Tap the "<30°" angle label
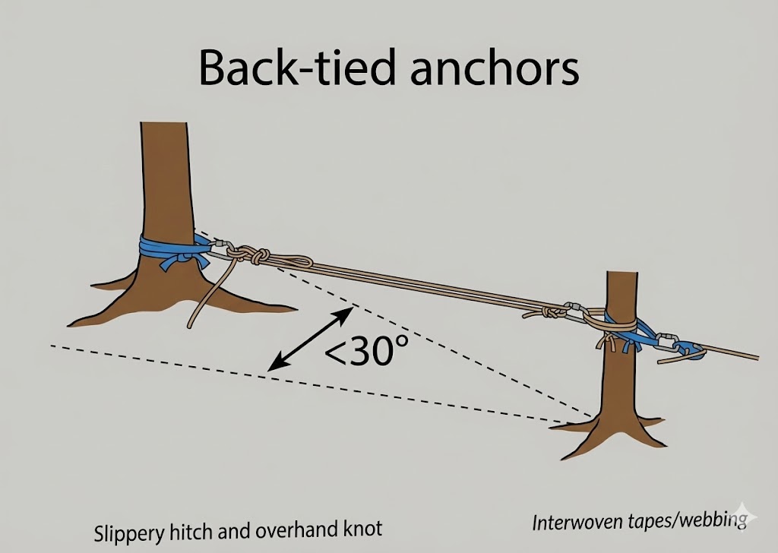point(367,352)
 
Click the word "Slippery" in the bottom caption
point(125,531)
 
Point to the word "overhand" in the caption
point(296,531)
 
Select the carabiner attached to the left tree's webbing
point(220,248)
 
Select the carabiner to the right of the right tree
point(667,340)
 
